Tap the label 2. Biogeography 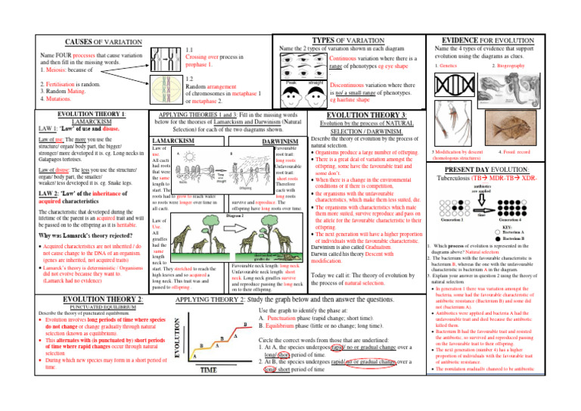coord(527,67)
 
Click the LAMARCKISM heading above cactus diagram coord(176,142)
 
